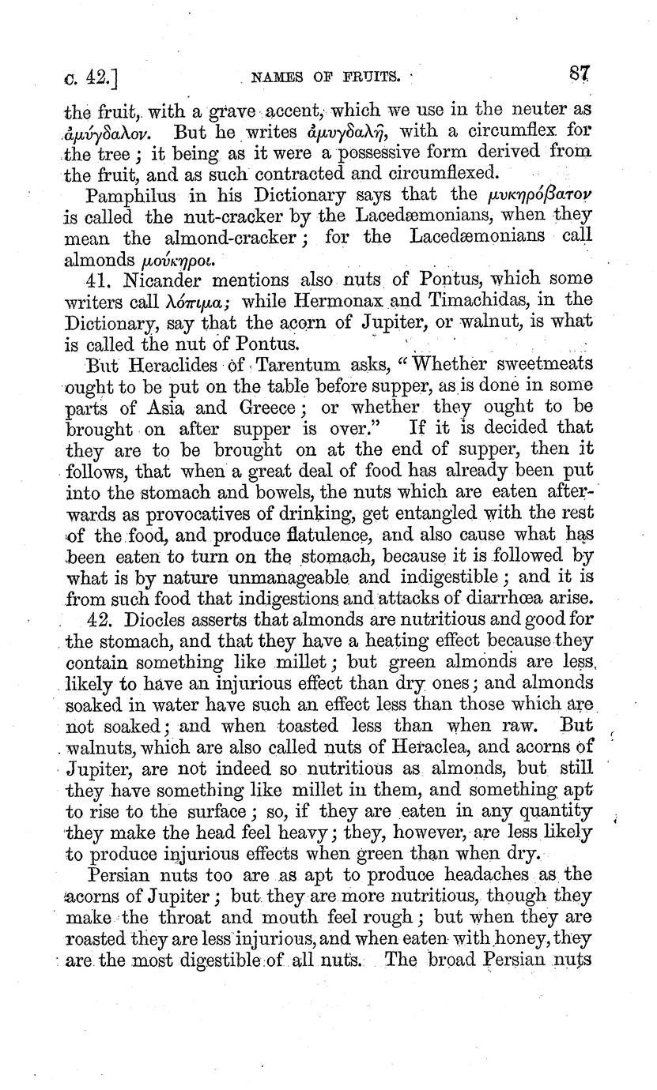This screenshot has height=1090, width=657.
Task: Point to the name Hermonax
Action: coord(410,300)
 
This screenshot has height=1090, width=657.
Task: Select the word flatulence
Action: coord(335,535)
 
